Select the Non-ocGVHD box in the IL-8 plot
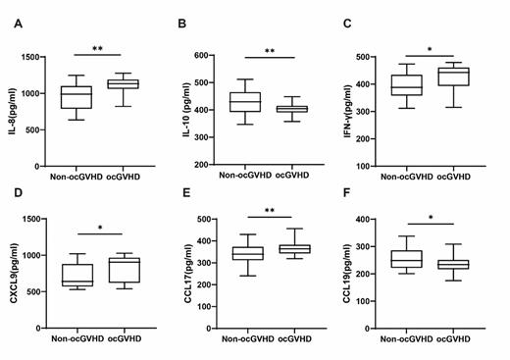[76, 97]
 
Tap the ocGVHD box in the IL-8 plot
[123, 84]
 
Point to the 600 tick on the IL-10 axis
[205, 56]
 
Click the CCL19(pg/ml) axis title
[345, 278]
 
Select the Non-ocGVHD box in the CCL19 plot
[405, 259]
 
